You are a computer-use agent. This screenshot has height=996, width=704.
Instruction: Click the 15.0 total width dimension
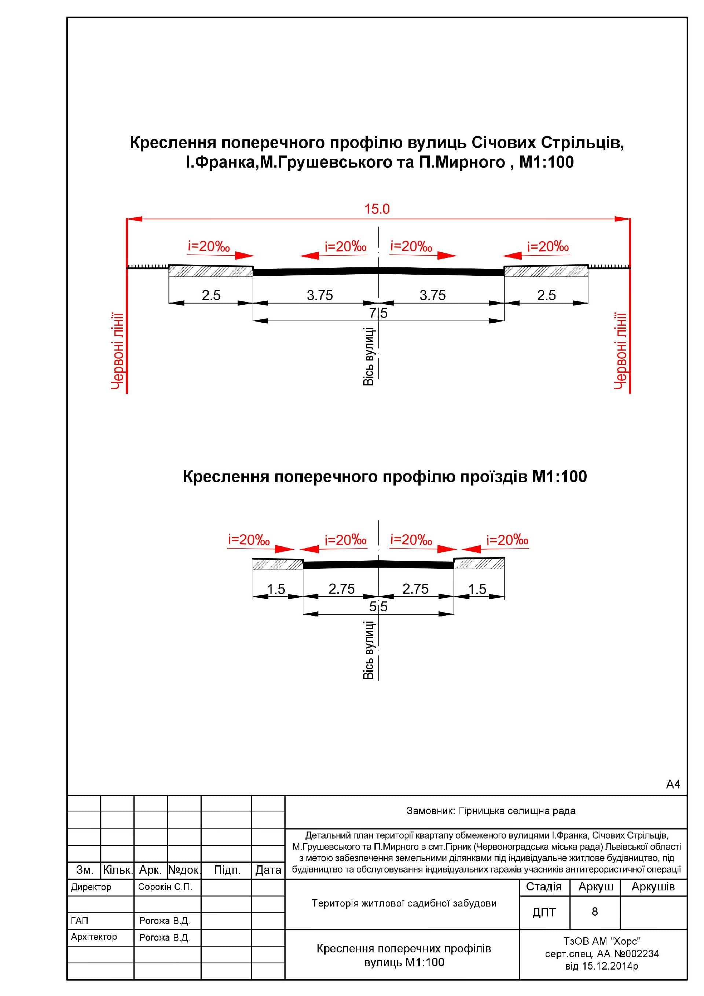(x=377, y=209)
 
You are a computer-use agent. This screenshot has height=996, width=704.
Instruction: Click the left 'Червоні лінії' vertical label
(x=118, y=351)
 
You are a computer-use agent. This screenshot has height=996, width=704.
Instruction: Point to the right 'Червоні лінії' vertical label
(x=620, y=351)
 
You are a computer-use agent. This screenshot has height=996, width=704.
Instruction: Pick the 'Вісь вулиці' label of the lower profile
(x=369, y=650)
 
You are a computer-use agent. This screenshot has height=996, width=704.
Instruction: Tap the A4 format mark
(x=673, y=784)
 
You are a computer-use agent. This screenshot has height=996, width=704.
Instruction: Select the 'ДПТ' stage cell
(x=544, y=912)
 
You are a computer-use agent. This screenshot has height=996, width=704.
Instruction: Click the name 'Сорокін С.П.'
(x=165, y=887)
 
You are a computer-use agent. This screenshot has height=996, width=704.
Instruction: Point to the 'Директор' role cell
(x=91, y=887)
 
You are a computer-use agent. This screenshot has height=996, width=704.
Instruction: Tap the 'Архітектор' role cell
(x=94, y=937)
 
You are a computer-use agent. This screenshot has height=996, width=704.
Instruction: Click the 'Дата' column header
(x=268, y=870)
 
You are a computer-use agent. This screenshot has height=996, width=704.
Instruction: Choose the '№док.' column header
(x=184, y=870)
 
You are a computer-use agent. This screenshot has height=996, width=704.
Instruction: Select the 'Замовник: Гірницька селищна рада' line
(x=491, y=811)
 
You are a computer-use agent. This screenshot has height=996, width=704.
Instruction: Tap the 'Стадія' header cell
(x=543, y=887)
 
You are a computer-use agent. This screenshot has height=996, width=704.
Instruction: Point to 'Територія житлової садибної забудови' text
(x=404, y=903)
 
